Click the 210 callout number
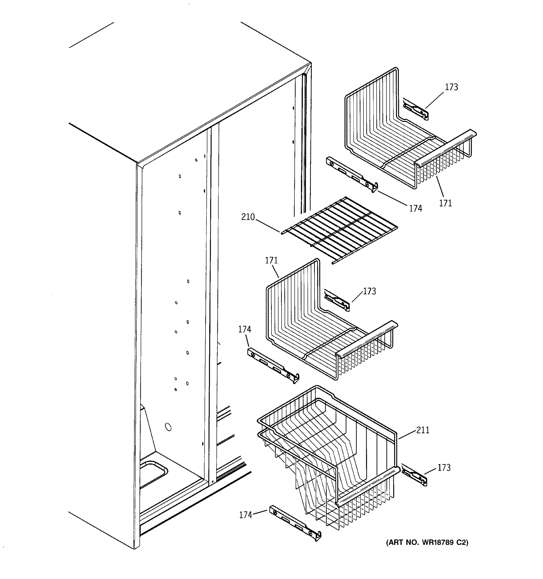(248, 217)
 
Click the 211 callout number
(423, 430)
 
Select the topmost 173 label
(451, 87)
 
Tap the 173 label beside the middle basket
(369, 291)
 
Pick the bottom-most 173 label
(444, 468)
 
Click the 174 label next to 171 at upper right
(415, 208)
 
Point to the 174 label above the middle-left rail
(245, 329)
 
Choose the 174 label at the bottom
(246, 515)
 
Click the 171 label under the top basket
(446, 203)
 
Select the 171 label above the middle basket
(271, 260)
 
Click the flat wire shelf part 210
(339, 230)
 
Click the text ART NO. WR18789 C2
(427, 542)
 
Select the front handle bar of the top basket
(446, 147)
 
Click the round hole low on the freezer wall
(168, 427)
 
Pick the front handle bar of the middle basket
(367, 338)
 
